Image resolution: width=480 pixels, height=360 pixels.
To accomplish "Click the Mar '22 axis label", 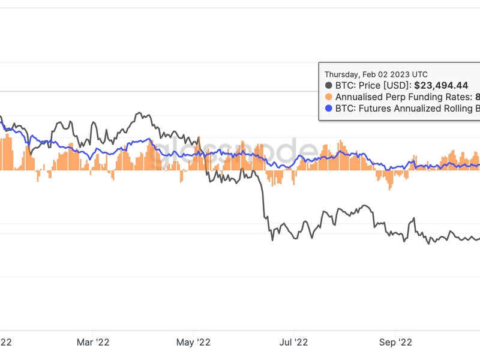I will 93,342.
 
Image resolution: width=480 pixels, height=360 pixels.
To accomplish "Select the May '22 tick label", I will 194,342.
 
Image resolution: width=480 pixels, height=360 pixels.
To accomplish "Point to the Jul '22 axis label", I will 293,342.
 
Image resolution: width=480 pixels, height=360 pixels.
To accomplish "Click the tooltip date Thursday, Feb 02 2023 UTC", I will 376,74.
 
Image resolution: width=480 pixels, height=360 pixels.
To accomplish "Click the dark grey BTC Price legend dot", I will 328,86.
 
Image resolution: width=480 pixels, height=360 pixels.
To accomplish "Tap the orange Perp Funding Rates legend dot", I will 328,97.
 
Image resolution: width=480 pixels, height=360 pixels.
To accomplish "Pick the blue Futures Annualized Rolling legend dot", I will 328,109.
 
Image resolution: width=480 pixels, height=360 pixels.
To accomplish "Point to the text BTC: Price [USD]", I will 373,86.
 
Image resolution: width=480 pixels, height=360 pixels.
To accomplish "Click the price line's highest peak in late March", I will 139,113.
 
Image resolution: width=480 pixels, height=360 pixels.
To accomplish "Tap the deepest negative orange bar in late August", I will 389,180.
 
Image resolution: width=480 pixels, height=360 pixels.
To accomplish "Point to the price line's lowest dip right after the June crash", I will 272,239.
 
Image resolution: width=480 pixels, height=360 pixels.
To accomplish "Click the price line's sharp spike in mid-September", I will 413,220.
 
